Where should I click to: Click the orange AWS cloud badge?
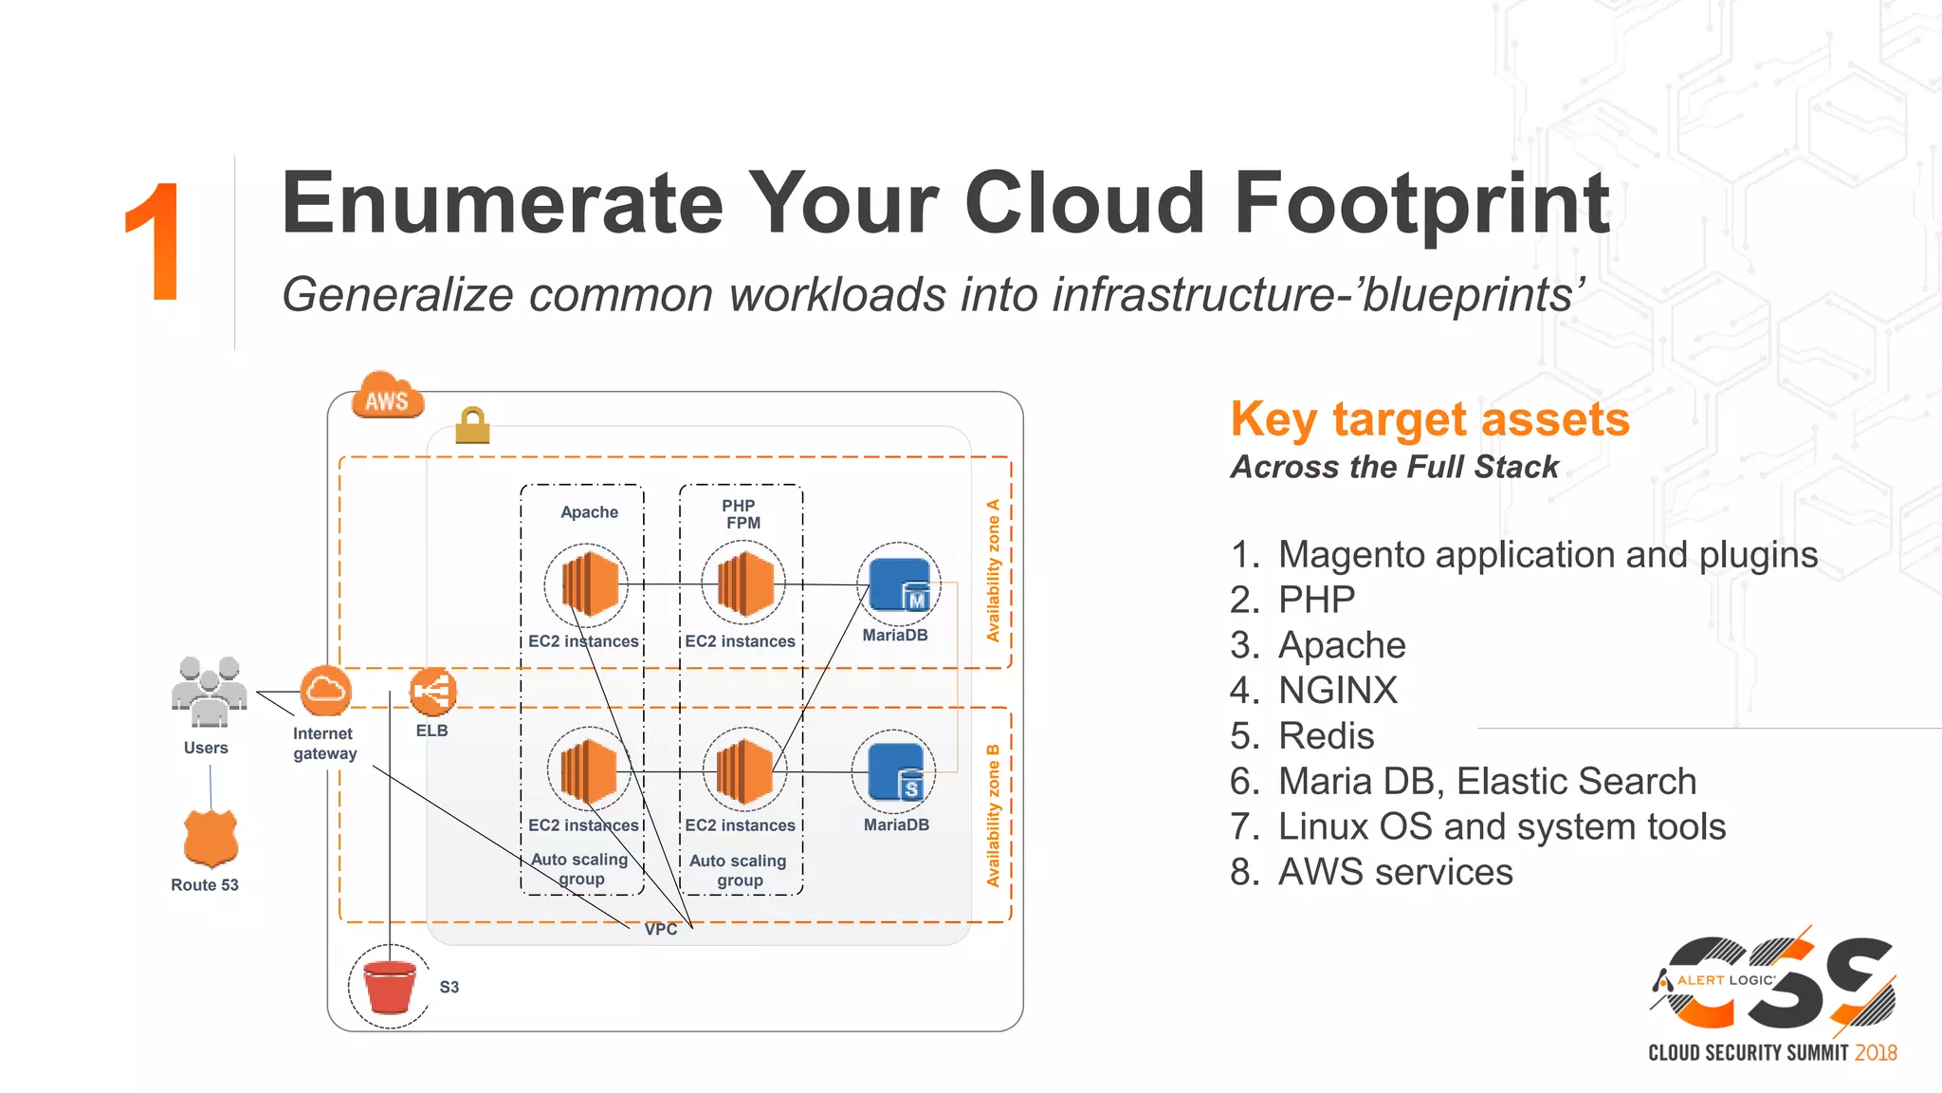pyautogui.click(x=387, y=397)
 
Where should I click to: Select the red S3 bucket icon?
pyautogui.click(x=390, y=987)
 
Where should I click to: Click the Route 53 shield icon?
pyautogui.click(x=211, y=839)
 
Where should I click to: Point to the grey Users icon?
pyautogui.click(x=209, y=692)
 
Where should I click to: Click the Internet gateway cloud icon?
pyautogui.click(x=325, y=691)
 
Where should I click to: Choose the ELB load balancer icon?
pyautogui.click(x=432, y=692)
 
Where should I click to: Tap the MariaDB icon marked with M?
pyautogui.click(x=899, y=584)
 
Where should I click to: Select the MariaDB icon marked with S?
pyautogui.click(x=895, y=772)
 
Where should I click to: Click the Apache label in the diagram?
pyautogui.click(x=589, y=512)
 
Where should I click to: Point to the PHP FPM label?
pyautogui.click(x=742, y=514)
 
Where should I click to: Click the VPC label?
pyautogui.click(x=661, y=930)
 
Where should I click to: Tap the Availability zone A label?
pyautogui.click(x=993, y=570)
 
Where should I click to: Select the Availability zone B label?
pyautogui.click(x=993, y=815)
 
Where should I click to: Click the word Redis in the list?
pyautogui.click(x=1326, y=736)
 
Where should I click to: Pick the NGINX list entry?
pyautogui.click(x=1337, y=691)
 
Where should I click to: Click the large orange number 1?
pyautogui.click(x=154, y=243)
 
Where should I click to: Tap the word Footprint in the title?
pyautogui.click(x=1421, y=204)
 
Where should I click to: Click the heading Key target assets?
pyautogui.click(x=1429, y=419)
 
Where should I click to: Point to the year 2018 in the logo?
pyautogui.click(x=1876, y=1053)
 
